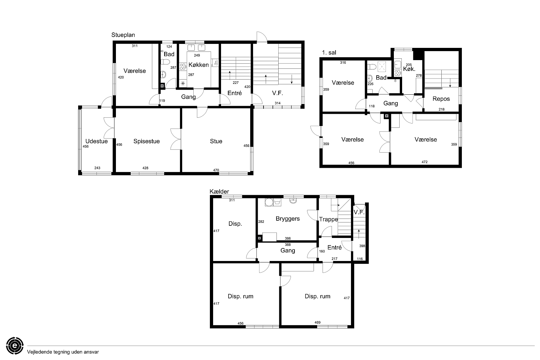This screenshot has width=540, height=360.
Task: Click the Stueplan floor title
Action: pyautogui.click(x=123, y=35)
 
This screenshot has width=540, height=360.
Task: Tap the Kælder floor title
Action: pyautogui.click(x=219, y=192)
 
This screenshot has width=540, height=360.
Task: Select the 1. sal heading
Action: pyautogui.click(x=329, y=53)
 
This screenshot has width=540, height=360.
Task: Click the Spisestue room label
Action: pyautogui.click(x=147, y=141)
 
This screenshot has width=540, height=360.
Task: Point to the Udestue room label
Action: pyautogui.click(x=96, y=141)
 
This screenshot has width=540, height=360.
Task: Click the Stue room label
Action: pyautogui.click(x=216, y=141)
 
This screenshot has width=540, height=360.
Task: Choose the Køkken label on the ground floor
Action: pyautogui.click(x=198, y=65)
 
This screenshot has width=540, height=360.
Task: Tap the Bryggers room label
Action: pyautogui.click(x=288, y=219)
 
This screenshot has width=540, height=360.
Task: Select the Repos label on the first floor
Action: pyautogui.click(x=441, y=99)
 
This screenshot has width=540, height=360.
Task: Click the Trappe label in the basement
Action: pyautogui.click(x=329, y=220)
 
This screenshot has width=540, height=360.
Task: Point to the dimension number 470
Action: pyautogui.click(x=216, y=170)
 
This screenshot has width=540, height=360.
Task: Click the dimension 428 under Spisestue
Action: pyautogui.click(x=145, y=168)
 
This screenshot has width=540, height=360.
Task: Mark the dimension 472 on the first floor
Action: pyautogui.click(x=424, y=162)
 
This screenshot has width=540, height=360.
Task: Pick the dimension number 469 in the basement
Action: pyautogui.click(x=318, y=323)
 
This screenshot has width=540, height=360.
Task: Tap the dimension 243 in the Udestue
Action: pyautogui.click(x=97, y=168)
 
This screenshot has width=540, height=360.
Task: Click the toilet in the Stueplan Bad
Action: pyautogui.click(x=165, y=62)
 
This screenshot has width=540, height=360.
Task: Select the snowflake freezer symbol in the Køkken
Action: pyautogui.click(x=183, y=84)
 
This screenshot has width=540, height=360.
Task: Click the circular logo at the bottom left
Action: pyautogui.click(x=15, y=346)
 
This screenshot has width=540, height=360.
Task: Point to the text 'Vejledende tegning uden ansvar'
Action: pyautogui.click(x=63, y=352)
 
